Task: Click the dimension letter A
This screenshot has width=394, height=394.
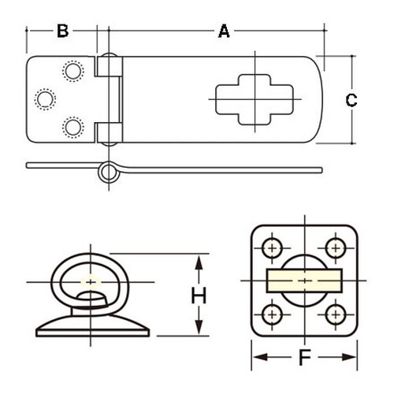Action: point(224,31)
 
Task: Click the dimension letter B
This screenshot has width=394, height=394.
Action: point(63,31)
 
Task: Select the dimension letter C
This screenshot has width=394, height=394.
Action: point(351,100)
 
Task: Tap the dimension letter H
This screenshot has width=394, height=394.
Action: point(199,295)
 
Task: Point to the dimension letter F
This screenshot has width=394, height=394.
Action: point(305,357)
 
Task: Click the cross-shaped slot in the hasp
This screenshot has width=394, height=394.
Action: point(255,99)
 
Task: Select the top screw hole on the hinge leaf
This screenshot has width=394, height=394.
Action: point(73,71)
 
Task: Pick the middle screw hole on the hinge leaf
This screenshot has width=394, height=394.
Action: point(45,99)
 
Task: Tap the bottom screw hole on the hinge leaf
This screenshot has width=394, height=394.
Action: point(73,127)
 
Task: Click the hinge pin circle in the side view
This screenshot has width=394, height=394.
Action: point(109,173)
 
